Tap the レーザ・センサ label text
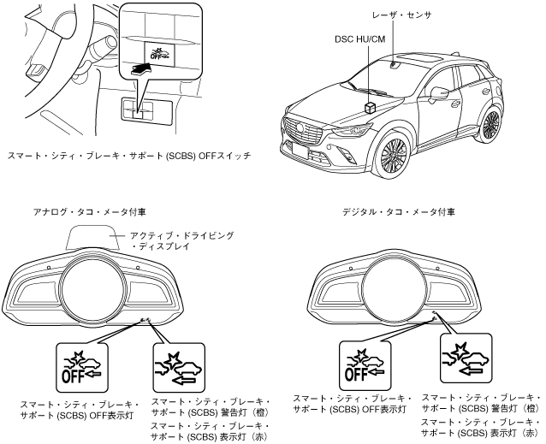[399, 15]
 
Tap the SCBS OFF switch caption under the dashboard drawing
[141, 157]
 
